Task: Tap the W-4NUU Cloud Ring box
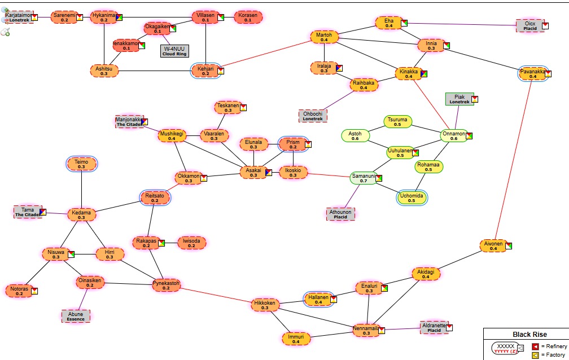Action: (x=174, y=51)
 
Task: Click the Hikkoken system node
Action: (x=265, y=305)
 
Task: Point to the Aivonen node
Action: (x=493, y=245)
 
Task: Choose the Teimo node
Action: (x=81, y=164)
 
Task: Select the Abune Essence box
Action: (x=76, y=316)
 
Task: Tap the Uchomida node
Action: (x=412, y=197)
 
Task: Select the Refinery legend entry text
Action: (x=554, y=346)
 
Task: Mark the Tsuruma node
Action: (x=397, y=121)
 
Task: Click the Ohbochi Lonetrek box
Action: (x=312, y=116)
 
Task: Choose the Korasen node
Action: (x=248, y=17)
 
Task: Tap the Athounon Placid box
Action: (x=340, y=214)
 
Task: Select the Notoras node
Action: (x=20, y=291)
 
